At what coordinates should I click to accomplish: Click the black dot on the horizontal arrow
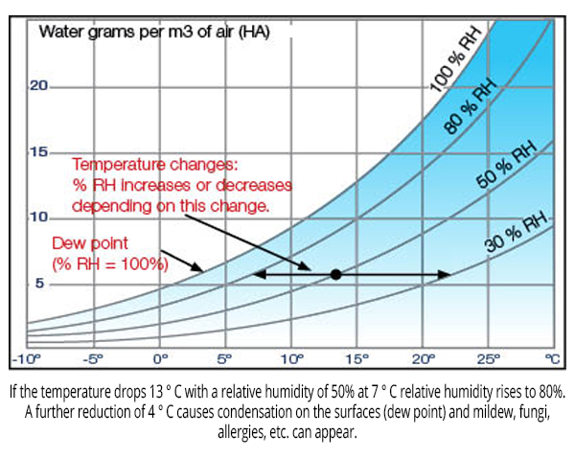pyautogui.click(x=336, y=274)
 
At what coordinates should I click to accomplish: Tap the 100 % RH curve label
pyautogui.click(x=455, y=59)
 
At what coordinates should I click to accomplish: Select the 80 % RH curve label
pyautogui.click(x=471, y=106)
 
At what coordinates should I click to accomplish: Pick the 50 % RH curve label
pyautogui.click(x=507, y=164)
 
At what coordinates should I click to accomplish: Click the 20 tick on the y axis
pyautogui.click(x=38, y=86)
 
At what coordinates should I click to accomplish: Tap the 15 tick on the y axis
pyautogui.click(x=39, y=151)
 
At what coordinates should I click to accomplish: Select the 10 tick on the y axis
pyautogui.click(x=39, y=218)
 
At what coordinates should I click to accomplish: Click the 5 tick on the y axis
pyautogui.click(x=39, y=283)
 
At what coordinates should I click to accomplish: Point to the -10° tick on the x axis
pyautogui.click(x=26, y=359)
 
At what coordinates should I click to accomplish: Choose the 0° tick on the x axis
pyautogui.click(x=160, y=359)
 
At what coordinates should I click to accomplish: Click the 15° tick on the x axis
pyautogui.click(x=357, y=359)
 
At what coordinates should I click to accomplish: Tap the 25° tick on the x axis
pyautogui.click(x=489, y=359)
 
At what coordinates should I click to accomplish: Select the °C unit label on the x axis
pyautogui.click(x=553, y=359)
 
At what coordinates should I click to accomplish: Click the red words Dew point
pyautogui.click(x=90, y=243)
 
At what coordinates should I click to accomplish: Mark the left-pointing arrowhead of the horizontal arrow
pyautogui.click(x=259, y=274)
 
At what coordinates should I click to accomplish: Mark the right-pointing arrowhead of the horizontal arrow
pyautogui.click(x=445, y=274)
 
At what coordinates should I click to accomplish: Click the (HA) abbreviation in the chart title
pyautogui.click(x=255, y=33)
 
